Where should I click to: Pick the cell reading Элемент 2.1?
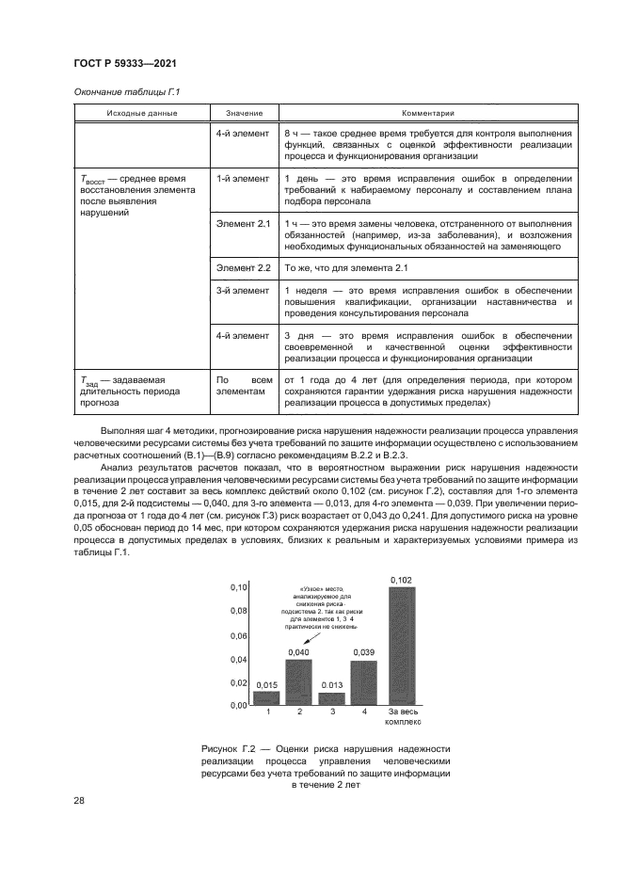[x=244, y=224]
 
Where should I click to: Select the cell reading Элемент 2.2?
[x=244, y=268]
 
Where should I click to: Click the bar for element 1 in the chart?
[x=266, y=697]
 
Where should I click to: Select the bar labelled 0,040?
[x=298, y=681]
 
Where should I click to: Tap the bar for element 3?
[x=331, y=698]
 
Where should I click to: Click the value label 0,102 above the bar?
[x=401, y=580]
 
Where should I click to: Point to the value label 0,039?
[x=364, y=652]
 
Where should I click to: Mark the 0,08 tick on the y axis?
[x=237, y=611]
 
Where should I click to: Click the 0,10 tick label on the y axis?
[x=237, y=587]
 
